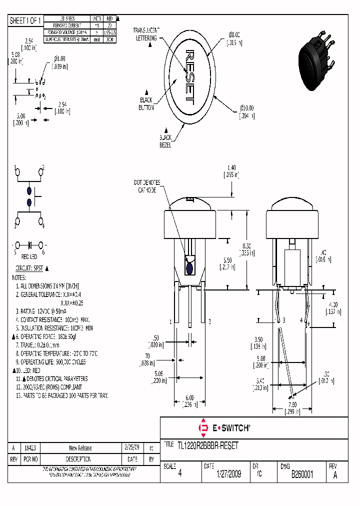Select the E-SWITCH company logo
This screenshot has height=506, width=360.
pos(224,428)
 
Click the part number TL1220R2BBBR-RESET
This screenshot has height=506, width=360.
pos(208,445)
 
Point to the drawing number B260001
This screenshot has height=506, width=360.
pos(302,474)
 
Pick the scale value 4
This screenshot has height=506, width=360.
pos(179,474)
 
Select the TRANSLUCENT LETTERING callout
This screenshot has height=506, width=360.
pos(146,34)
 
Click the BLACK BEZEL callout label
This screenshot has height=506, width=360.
pos(165,141)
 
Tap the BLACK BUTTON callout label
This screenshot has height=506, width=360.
pos(146,103)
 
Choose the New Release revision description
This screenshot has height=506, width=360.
pos(80,448)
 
